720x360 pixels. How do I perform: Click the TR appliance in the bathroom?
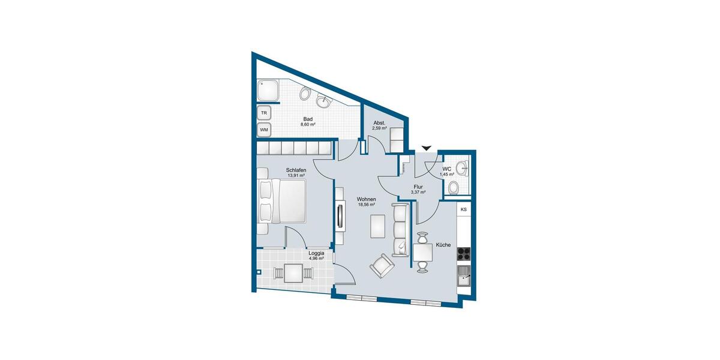pyautogui.click(x=264, y=113)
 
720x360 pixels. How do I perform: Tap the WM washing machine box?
pyautogui.click(x=264, y=129)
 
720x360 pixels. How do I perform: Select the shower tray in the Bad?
pyautogui.click(x=268, y=92)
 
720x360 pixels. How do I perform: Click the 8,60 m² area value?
pyautogui.click(x=308, y=125)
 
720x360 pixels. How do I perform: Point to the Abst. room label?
pyautogui.click(x=379, y=122)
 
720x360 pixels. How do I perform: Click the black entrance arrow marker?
pyautogui.click(x=427, y=148)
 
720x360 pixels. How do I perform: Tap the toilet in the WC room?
pyautogui.click(x=454, y=187)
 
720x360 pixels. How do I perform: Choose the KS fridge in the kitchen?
pyautogui.click(x=463, y=209)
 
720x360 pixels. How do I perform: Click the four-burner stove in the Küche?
pyautogui.click(x=464, y=253)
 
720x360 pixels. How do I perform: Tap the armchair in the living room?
pyautogui.click(x=382, y=266)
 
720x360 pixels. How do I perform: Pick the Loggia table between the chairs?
pyautogui.click(x=293, y=273)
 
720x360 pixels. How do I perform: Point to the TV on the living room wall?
pyautogui.click(x=341, y=217)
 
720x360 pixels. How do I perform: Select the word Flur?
pyautogui.click(x=418, y=187)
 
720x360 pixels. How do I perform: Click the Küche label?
pyautogui.click(x=443, y=245)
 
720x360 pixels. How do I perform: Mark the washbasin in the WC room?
pyautogui.click(x=460, y=167)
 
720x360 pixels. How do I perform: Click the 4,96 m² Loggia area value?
pyautogui.click(x=316, y=259)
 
